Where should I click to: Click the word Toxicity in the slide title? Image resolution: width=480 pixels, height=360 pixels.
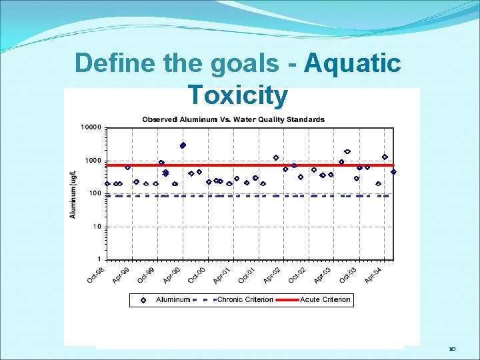pos(238,95)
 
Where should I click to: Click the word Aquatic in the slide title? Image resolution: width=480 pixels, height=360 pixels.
pos(352,64)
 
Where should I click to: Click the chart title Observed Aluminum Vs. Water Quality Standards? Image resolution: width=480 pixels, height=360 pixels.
pos(233,120)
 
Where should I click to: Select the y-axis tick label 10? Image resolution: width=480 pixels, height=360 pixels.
pos(97,227)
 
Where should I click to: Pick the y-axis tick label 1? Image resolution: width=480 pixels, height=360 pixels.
pos(99,259)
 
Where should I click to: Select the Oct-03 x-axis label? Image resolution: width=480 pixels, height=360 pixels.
pos(347,273)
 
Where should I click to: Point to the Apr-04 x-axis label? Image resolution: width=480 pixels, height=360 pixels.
pos(373,273)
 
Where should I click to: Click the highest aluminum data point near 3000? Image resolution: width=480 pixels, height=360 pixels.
pos(183,145)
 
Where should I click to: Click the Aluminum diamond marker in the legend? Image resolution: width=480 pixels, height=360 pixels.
pos(143,300)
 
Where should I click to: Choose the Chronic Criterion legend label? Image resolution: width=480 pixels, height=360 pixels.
pos(245,300)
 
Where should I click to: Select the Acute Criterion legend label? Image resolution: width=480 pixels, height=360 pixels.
pos(325,300)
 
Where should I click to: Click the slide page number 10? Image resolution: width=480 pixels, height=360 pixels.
pos(452,349)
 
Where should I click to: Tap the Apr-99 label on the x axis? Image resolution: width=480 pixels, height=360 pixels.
pos(121,273)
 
